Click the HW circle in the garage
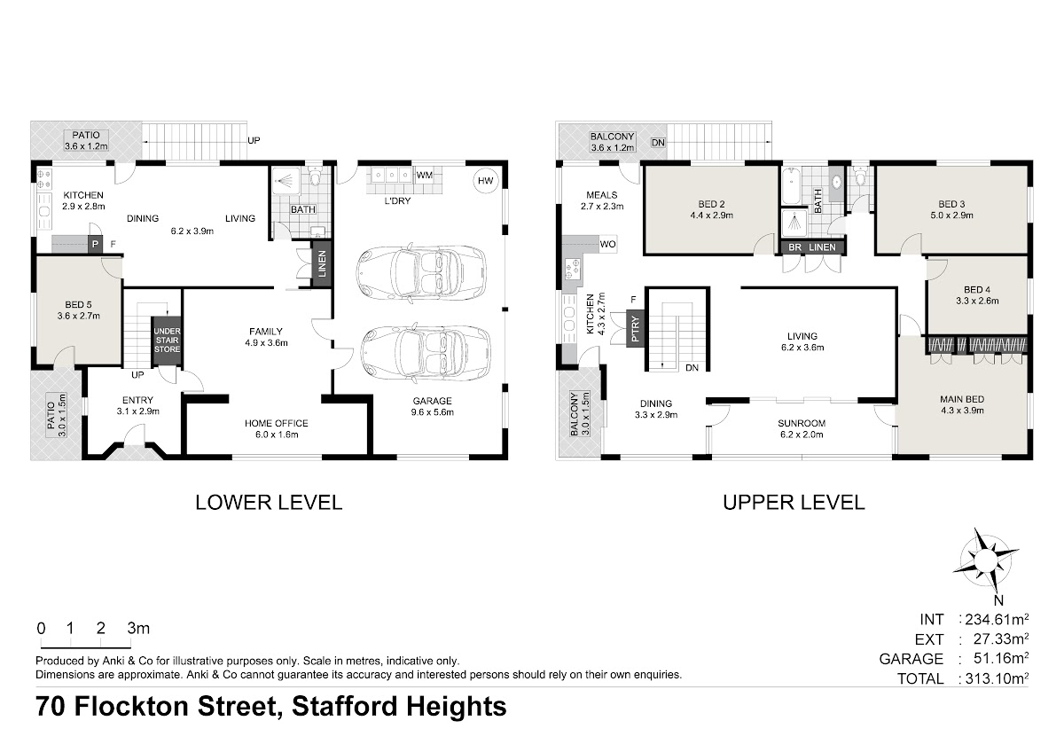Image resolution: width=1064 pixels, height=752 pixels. click(486, 181)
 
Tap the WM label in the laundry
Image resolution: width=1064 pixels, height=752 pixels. click(424, 176)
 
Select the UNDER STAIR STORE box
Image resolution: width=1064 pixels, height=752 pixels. click(167, 341)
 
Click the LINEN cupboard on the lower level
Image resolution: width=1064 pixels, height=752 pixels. click(322, 264)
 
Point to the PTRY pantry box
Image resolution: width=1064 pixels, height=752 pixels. click(635, 329)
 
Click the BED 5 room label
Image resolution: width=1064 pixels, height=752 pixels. click(78, 304)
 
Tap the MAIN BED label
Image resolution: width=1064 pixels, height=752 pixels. click(962, 400)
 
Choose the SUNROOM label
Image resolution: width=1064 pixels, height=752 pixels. click(802, 423)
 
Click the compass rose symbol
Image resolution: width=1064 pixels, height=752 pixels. click(986, 560)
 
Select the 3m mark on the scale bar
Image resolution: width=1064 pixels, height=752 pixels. click(138, 629)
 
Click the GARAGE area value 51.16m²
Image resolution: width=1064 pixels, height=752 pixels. click(1001, 658)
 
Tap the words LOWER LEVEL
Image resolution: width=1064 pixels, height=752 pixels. click(269, 503)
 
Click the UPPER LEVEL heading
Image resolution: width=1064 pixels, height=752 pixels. click(794, 503)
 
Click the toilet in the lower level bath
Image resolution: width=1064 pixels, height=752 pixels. click(315, 176)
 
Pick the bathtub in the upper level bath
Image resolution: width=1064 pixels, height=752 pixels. click(790, 185)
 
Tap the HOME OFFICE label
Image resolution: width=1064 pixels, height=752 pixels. click(277, 423)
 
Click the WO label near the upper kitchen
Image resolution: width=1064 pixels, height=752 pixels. click(607, 244)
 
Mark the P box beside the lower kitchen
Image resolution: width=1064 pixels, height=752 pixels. click(96, 244)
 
